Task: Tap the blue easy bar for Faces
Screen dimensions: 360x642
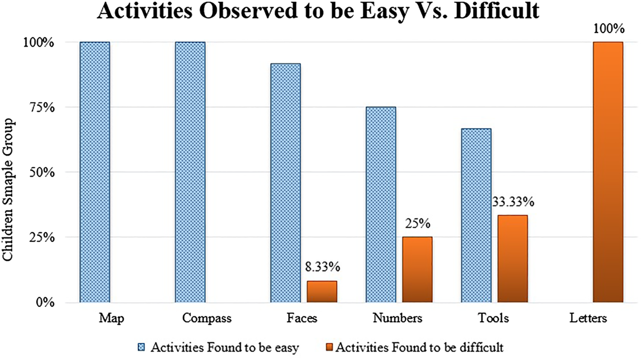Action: pos(285,182)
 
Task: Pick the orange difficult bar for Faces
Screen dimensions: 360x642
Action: pos(322,291)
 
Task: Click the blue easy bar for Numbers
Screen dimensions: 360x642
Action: pos(380,204)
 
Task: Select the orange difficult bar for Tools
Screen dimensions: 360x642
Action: pos(512,258)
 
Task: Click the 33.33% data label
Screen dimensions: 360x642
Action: pos(512,202)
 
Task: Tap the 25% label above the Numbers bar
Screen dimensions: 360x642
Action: pos(417,224)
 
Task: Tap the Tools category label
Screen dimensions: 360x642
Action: pos(494,319)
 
